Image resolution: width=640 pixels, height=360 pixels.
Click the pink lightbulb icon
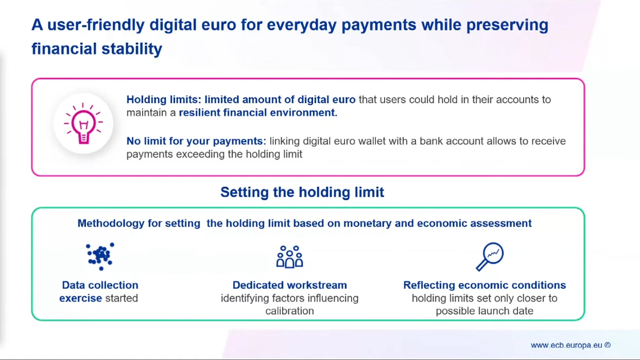pyautogui.click(x=83, y=124)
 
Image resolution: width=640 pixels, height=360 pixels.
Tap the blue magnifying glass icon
pyautogui.click(x=490, y=256)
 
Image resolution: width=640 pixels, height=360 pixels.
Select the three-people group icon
pyautogui.click(x=289, y=256)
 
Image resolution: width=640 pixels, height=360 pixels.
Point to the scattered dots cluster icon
pyautogui.click(x=100, y=256)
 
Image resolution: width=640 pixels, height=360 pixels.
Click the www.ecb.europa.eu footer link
pyautogui.click(x=566, y=345)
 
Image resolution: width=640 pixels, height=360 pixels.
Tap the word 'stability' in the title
pyautogui.click(x=132, y=48)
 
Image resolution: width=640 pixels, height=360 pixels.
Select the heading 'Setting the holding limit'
pyautogui.click(x=302, y=192)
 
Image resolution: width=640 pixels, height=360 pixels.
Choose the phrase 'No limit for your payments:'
pyautogui.click(x=196, y=141)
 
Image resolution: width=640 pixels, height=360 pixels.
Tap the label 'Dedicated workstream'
pyautogui.click(x=290, y=285)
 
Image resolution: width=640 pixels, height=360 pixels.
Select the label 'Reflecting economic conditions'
pyautogui.click(x=485, y=285)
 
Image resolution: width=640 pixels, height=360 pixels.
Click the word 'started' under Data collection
pyautogui.click(x=122, y=298)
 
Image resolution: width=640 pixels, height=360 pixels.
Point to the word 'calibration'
pyautogui.click(x=289, y=311)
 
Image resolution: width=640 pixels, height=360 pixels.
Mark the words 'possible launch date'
pyautogui.click(x=485, y=311)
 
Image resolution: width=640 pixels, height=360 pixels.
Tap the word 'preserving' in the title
pyautogui.click(x=508, y=25)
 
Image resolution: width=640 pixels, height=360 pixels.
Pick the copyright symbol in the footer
pyautogui.click(x=608, y=345)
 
